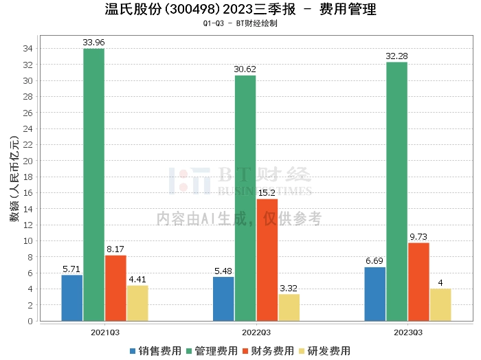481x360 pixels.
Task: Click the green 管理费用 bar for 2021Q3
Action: tap(93, 185)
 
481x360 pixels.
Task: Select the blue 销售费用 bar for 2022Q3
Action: tap(223, 299)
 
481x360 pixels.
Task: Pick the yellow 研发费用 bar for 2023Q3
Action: tap(440, 304)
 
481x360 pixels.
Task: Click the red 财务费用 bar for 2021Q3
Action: tap(115, 288)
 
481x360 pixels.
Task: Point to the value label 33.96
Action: tap(93, 43)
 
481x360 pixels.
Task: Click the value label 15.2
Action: tap(267, 193)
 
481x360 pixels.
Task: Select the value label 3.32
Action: tap(289, 289)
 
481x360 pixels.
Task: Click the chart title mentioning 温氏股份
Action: tap(240, 10)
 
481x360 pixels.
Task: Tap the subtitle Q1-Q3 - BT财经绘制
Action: tap(240, 23)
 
